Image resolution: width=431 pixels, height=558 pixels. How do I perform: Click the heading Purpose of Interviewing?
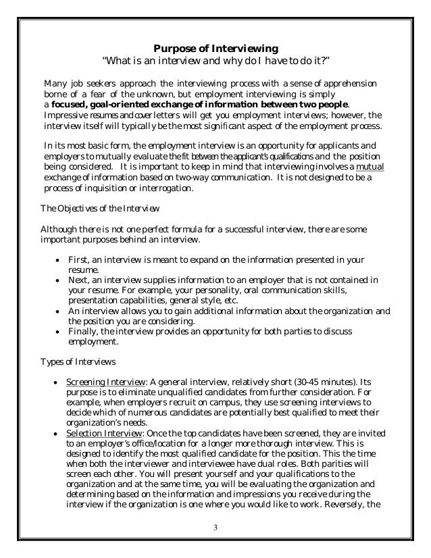(215, 48)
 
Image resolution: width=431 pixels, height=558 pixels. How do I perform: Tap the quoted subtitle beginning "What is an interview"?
(215, 63)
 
